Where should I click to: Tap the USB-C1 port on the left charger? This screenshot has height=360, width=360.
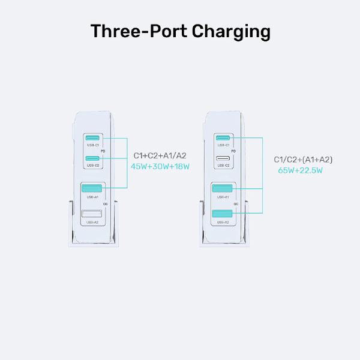(x=92, y=138)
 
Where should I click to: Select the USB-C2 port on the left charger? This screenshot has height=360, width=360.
(x=92, y=158)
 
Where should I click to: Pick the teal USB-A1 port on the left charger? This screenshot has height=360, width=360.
(x=92, y=188)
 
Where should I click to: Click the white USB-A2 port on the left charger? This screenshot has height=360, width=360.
(x=92, y=214)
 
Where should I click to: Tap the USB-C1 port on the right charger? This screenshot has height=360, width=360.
(x=223, y=138)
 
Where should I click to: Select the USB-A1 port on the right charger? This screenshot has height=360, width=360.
(x=223, y=188)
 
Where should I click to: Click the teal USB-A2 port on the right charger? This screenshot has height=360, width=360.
(x=223, y=214)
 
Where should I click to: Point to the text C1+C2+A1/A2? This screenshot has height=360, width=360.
(x=160, y=155)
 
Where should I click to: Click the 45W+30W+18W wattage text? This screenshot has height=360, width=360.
(x=160, y=166)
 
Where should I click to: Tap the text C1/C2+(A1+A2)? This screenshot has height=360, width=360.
(x=303, y=159)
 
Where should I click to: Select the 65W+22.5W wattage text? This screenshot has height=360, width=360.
(x=301, y=170)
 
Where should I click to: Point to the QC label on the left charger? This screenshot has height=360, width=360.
(x=105, y=205)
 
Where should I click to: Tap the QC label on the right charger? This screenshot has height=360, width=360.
(x=236, y=205)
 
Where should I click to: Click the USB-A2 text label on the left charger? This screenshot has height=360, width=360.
(x=92, y=223)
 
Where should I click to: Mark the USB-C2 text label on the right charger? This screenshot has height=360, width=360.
(x=223, y=165)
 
